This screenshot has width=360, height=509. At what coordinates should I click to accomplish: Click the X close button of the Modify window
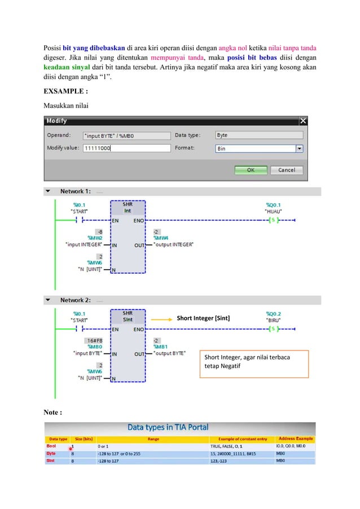click(303, 121)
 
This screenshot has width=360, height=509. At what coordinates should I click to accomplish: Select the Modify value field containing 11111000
click(126, 148)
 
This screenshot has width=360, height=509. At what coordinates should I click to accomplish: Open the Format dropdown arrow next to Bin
click(299, 148)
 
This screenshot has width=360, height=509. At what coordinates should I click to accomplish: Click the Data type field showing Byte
click(258, 135)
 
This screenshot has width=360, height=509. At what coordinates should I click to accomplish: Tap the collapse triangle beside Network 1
click(48, 191)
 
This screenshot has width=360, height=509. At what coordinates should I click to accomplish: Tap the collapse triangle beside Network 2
click(48, 300)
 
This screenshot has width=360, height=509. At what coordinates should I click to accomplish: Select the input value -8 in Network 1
click(99, 231)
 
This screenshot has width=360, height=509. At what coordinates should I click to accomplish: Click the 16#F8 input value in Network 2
click(94, 340)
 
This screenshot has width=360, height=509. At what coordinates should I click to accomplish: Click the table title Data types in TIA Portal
click(179, 427)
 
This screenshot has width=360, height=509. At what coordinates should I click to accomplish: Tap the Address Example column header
click(295, 438)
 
